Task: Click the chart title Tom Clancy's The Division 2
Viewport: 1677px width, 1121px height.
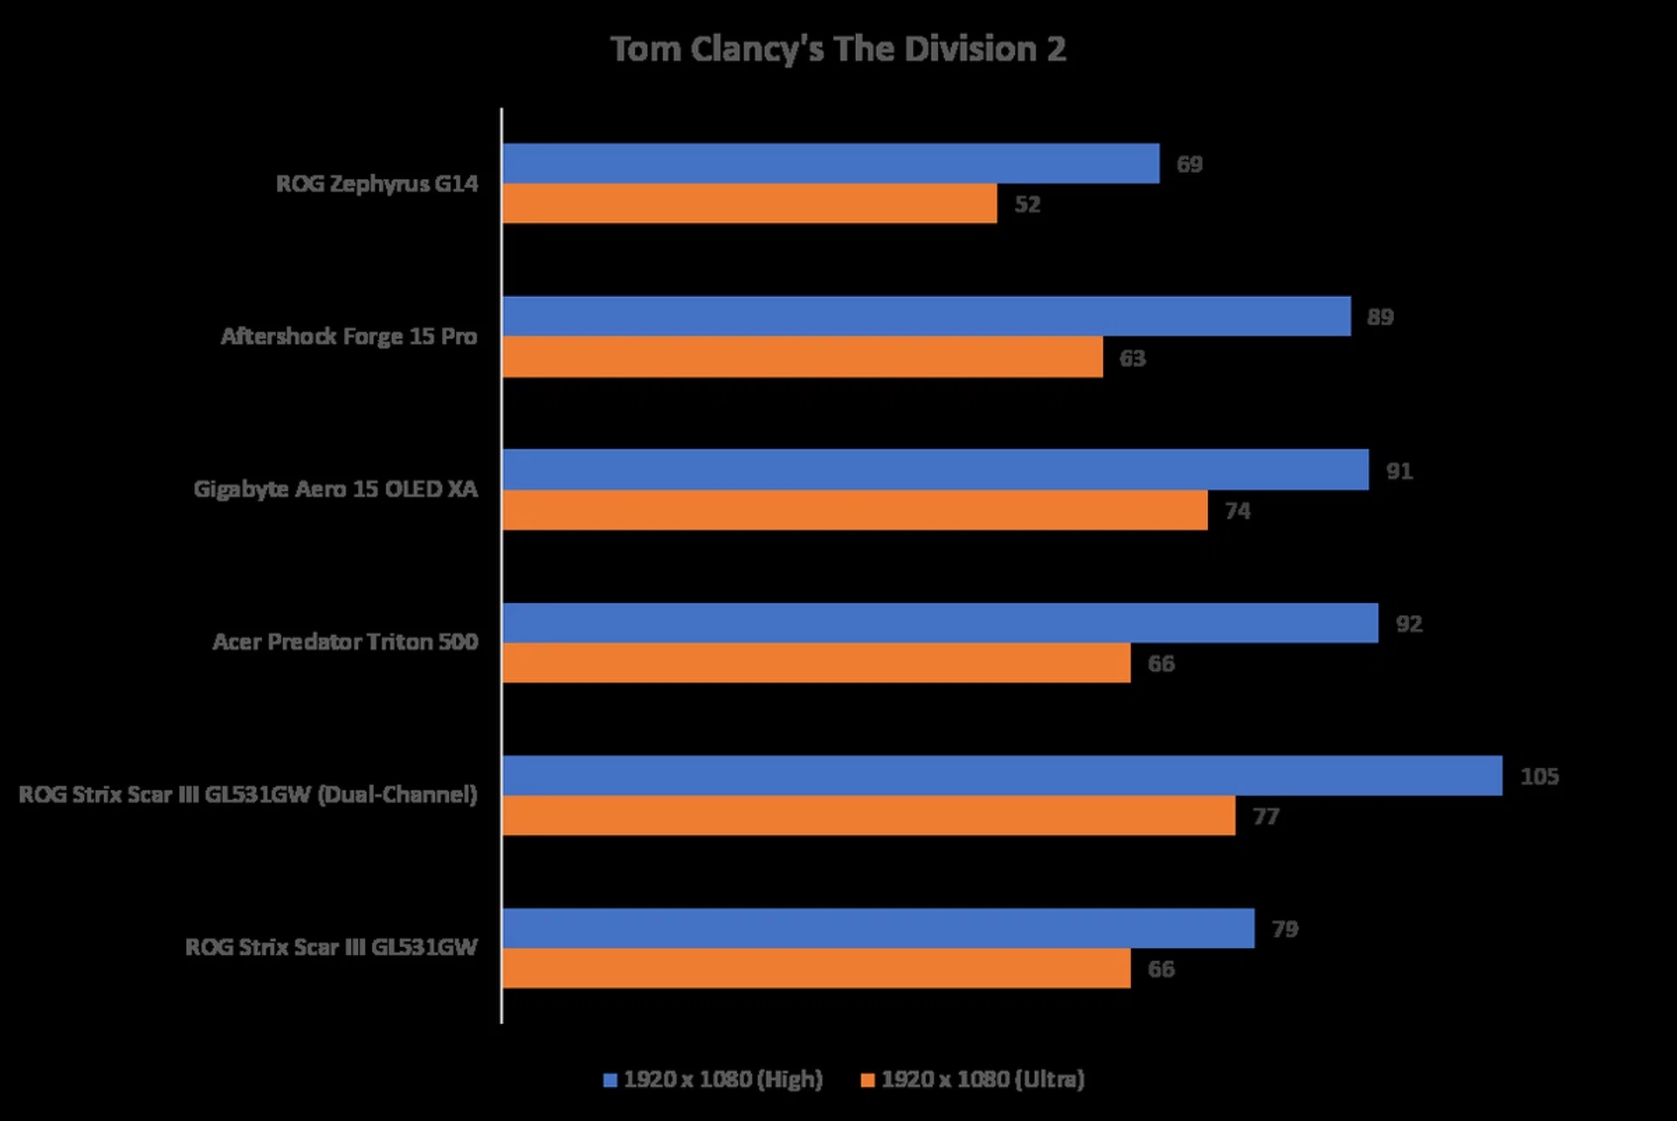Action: click(838, 50)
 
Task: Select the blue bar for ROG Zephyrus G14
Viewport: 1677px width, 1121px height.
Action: click(830, 163)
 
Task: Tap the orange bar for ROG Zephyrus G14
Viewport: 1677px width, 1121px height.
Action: click(749, 204)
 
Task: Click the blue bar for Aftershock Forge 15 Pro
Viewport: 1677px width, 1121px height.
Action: click(926, 316)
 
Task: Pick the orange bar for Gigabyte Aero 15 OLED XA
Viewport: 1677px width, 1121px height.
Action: click(854, 510)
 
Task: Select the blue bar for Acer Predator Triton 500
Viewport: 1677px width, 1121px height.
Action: click(940, 623)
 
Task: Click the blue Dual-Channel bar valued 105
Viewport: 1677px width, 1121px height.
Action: click(1002, 776)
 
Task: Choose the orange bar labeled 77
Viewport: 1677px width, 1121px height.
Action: click(868, 816)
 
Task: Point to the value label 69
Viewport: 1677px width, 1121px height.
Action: click(1189, 164)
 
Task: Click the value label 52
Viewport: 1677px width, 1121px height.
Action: click(1027, 204)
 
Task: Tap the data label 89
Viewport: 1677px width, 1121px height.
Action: click(1380, 317)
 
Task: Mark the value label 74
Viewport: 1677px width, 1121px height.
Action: click(1237, 511)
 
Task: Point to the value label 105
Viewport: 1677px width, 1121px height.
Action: click(1539, 777)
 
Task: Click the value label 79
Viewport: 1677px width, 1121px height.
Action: click(1284, 929)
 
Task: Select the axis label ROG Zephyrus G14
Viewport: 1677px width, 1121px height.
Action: click(376, 183)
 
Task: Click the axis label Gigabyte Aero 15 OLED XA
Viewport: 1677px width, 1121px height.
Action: click(335, 489)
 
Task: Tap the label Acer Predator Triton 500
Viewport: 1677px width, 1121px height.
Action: click(345, 642)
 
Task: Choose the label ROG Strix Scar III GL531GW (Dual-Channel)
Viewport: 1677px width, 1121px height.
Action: click(248, 795)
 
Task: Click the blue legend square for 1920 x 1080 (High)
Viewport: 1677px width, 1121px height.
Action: click(611, 1081)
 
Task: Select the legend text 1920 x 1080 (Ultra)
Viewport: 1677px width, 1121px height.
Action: click(983, 1080)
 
